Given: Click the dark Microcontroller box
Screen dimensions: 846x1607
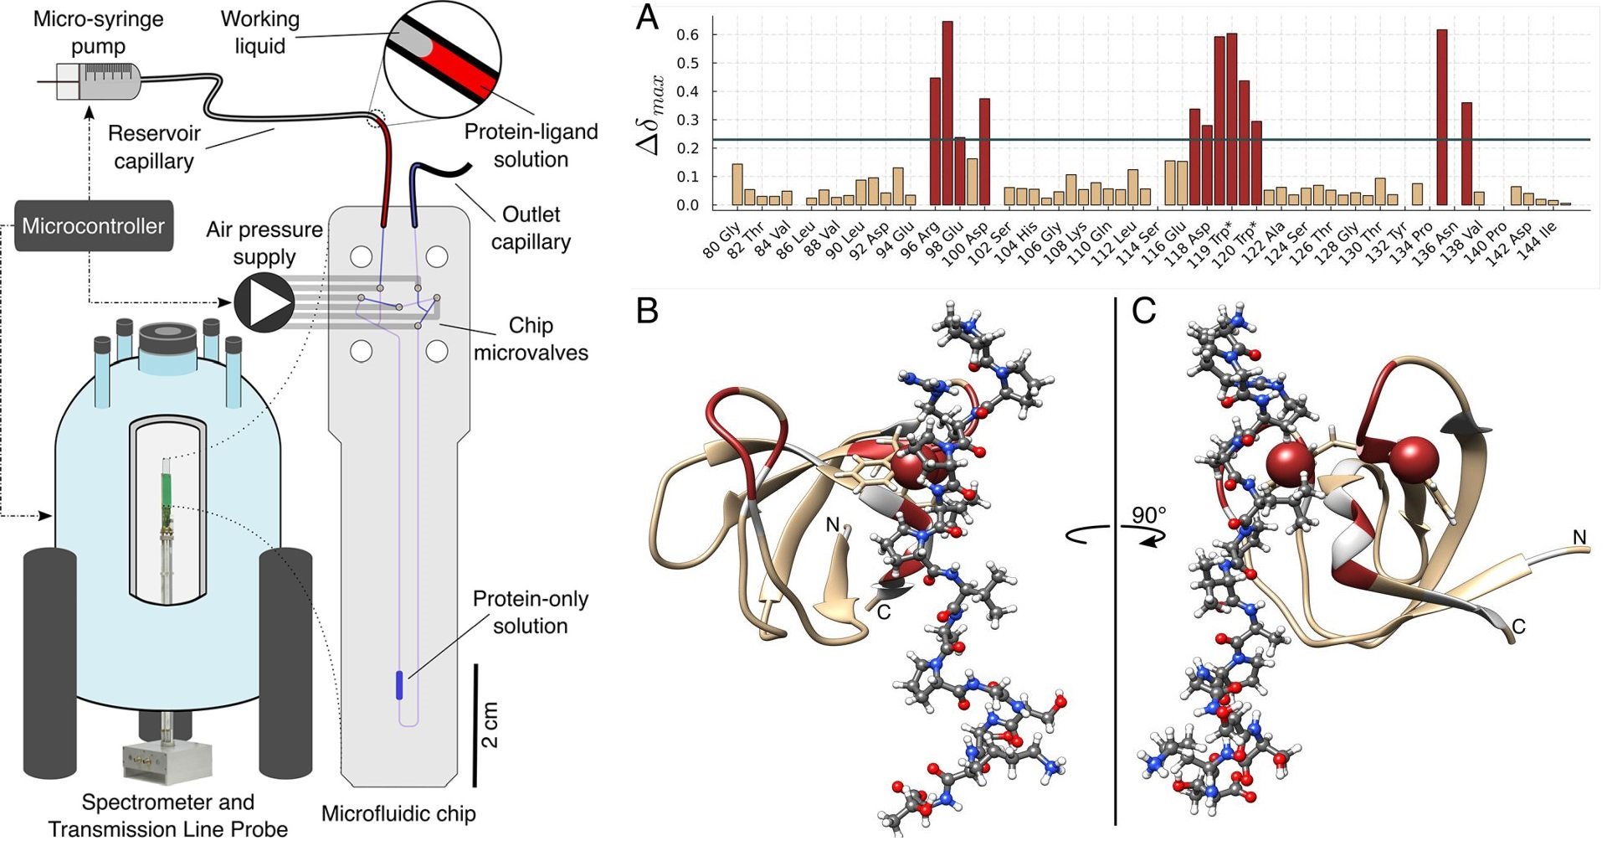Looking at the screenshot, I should click(x=94, y=226).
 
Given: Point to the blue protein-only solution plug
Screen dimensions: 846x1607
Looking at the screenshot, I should click(x=398, y=684).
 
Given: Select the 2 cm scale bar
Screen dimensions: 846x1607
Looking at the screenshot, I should click(x=476, y=725).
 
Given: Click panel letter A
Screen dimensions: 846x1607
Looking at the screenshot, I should click(x=647, y=18).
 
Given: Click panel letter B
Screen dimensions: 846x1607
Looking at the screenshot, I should click(x=647, y=311).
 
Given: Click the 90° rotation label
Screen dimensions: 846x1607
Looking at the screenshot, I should click(x=1150, y=515).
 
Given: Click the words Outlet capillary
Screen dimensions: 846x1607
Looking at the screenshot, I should click(x=531, y=228).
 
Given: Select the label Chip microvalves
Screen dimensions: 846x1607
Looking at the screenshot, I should click(x=531, y=338).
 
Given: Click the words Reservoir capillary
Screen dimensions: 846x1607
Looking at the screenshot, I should click(x=154, y=147).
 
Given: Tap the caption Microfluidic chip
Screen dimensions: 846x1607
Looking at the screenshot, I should click(x=398, y=813).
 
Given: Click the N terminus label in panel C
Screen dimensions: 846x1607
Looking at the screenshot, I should click(x=1579, y=537).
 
